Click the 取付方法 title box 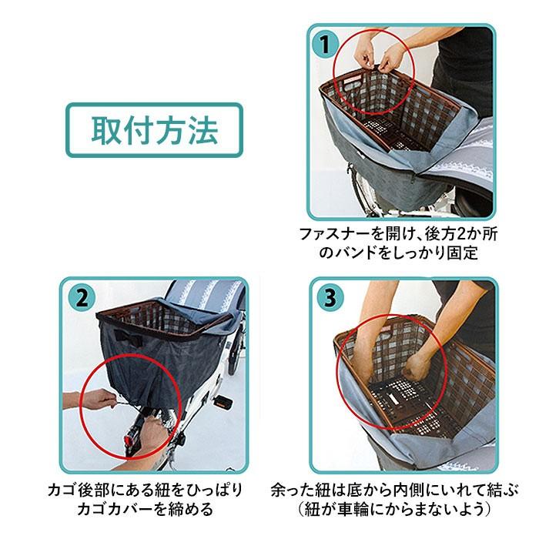click(154, 130)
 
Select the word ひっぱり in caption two click(212, 490)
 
